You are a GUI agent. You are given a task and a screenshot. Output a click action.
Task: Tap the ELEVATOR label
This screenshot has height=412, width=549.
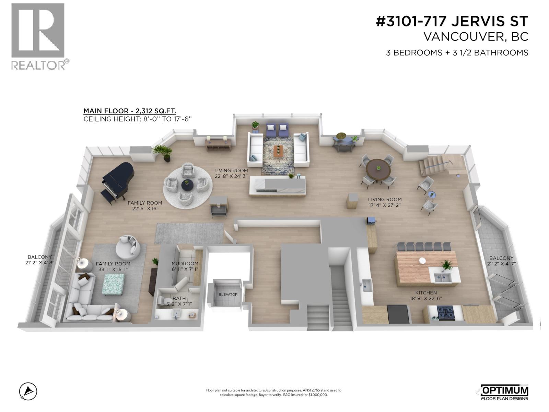click(228, 295)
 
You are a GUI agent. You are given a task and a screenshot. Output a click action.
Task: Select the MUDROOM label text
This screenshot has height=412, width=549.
click(185, 264)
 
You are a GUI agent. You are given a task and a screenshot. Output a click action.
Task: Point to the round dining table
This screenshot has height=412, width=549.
click(378, 169)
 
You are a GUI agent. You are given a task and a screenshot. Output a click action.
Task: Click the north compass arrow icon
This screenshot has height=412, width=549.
click(28, 391)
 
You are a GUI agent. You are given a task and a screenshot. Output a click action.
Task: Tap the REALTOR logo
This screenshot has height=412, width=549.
click(38, 36)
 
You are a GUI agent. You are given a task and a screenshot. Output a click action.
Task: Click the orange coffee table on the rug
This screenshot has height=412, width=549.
click(278, 150)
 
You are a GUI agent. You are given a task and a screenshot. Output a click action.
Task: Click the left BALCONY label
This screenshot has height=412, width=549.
click(40, 257)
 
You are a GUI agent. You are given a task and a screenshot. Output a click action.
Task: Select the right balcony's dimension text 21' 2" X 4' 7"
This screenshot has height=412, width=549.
click(502, 264)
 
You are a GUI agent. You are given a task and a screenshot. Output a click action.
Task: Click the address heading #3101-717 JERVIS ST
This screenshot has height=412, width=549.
click(452, 22)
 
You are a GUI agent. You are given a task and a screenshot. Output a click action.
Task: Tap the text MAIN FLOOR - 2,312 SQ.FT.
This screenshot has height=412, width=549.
click(130, 111)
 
